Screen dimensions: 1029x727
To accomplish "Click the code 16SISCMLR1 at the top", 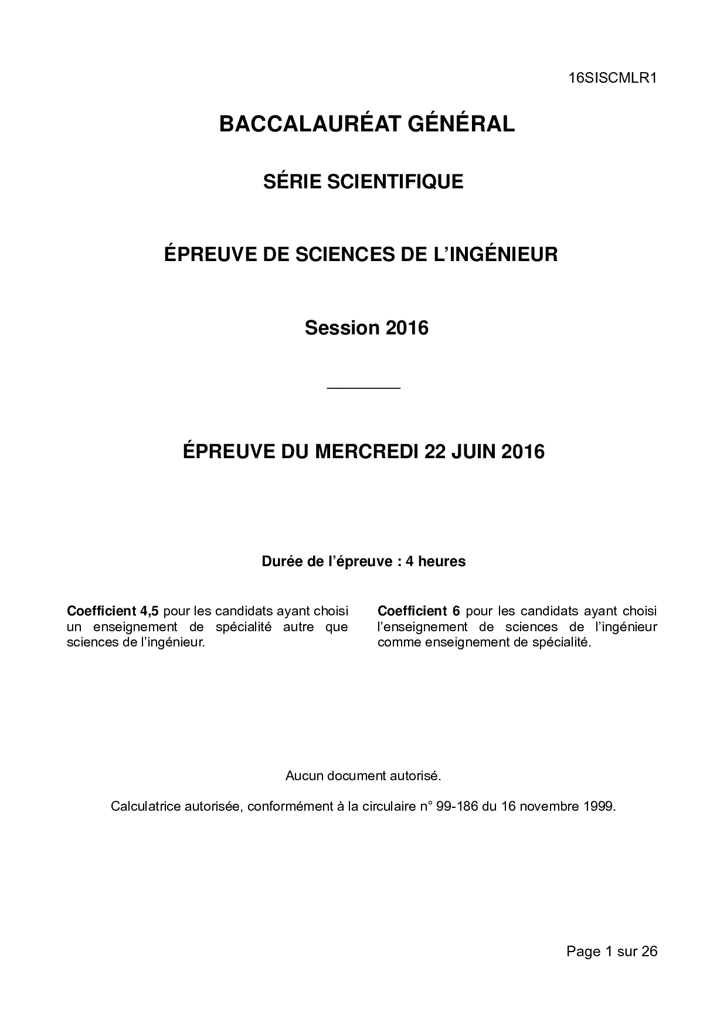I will [612, 78].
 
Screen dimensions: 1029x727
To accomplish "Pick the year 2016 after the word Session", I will [407, 327].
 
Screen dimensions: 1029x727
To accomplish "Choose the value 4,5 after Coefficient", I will [146, 611].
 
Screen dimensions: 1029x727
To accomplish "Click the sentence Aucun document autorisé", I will [363, 776].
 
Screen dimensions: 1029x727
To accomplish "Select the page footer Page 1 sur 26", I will [612, 952].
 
